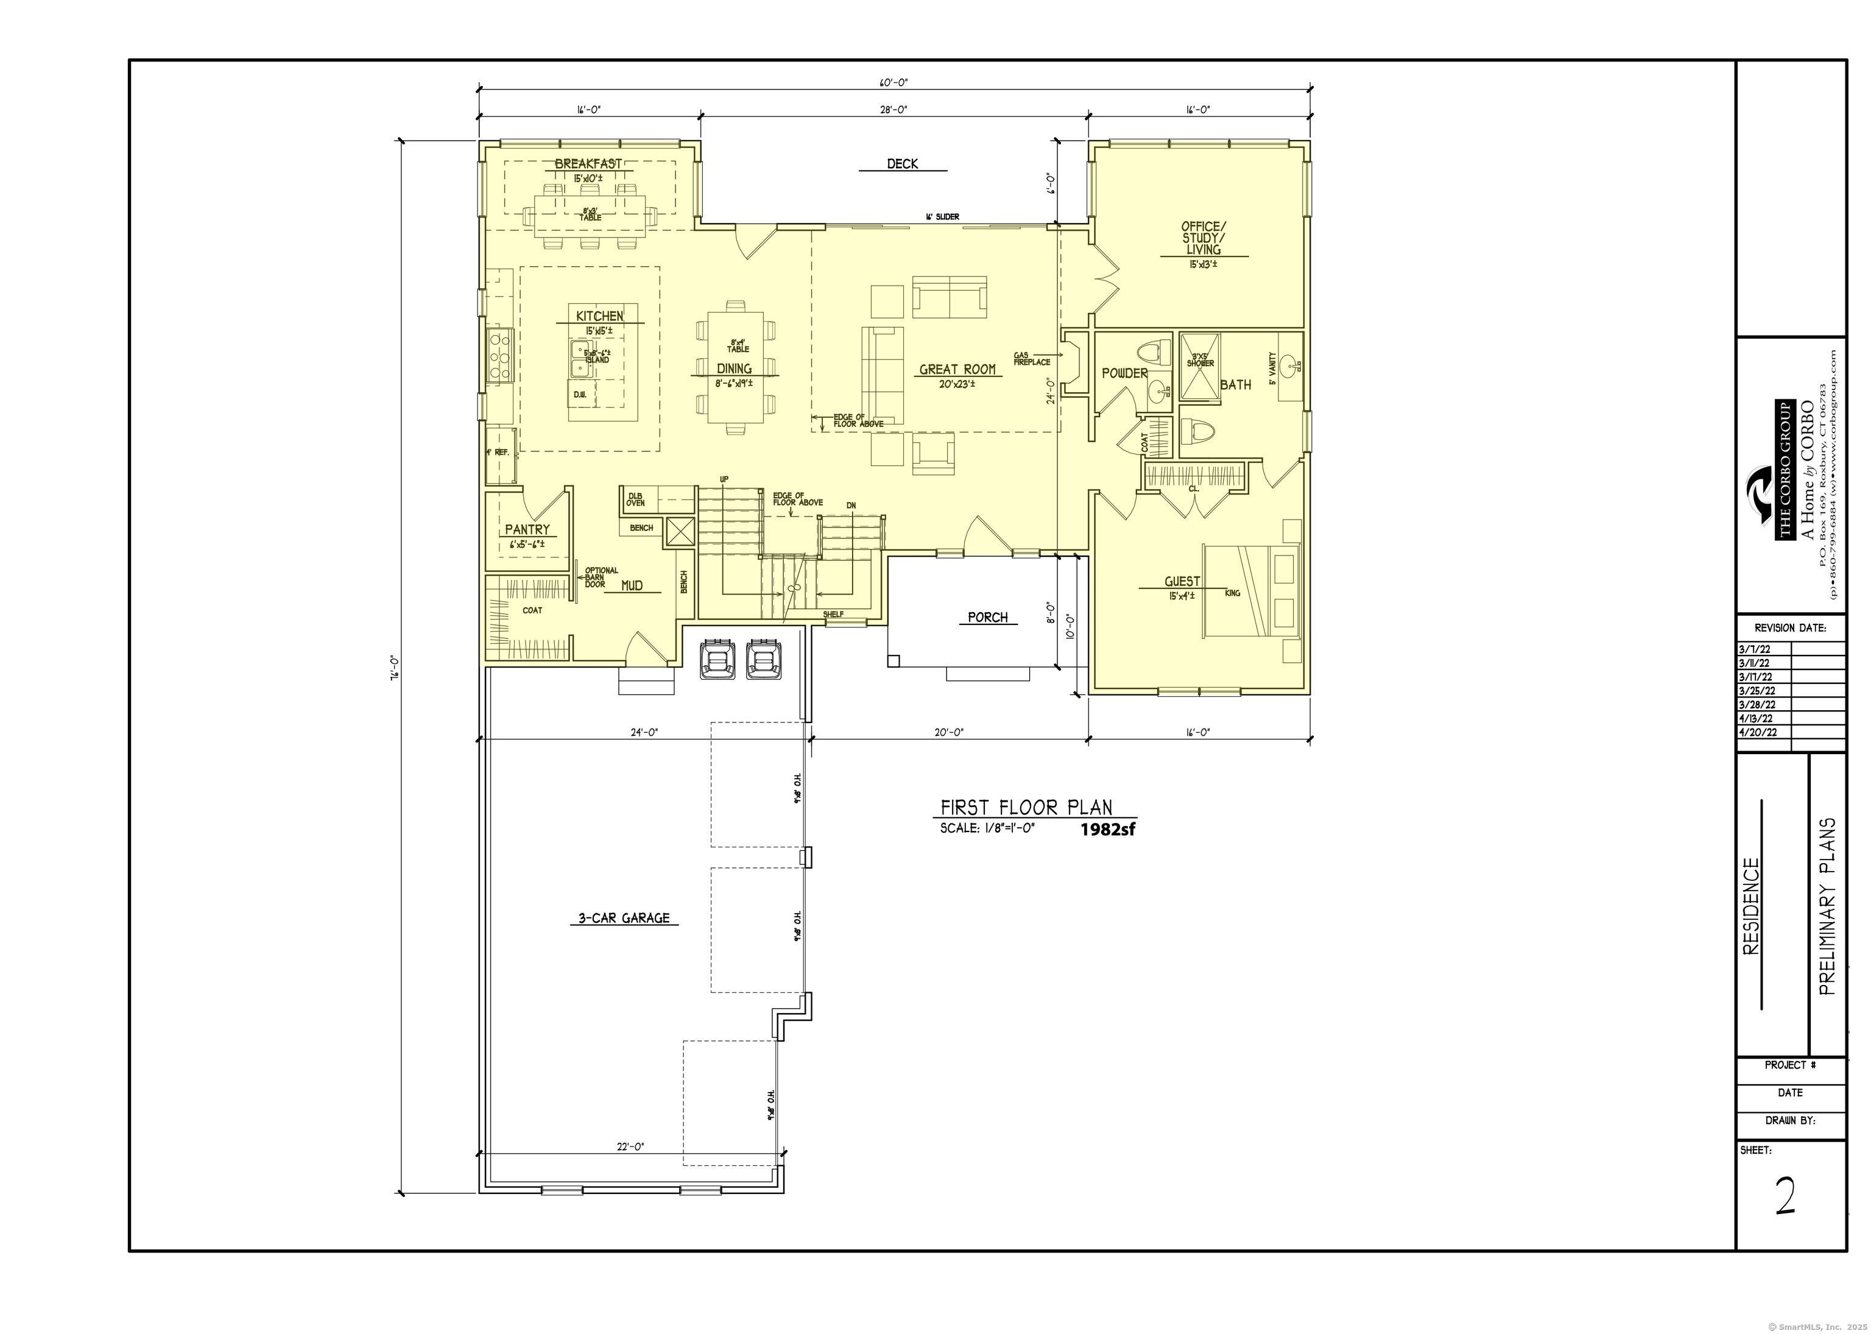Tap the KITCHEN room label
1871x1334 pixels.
[x=599, y=316]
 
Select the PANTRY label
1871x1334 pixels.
[x=526, y=530]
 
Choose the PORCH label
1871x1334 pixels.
[x=987, y=618]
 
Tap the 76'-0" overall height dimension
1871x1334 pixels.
[x=394, y=665]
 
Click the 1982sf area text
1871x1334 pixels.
[x=1107, y=829]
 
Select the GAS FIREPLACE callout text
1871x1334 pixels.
[x=1032, y=359]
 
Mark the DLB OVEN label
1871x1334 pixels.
[x=636, y=499]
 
